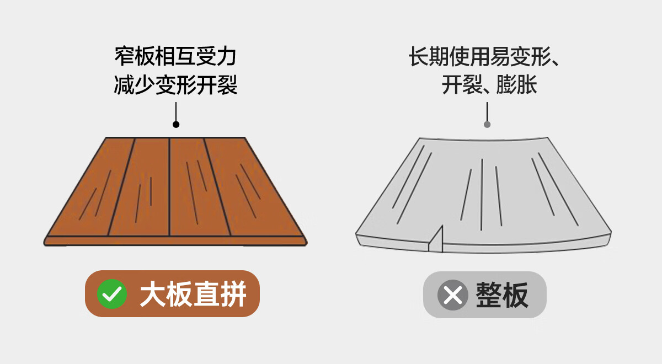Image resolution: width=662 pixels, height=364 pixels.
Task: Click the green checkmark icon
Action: (x=112, y=294)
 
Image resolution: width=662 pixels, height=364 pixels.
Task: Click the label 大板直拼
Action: (x=193, y=294)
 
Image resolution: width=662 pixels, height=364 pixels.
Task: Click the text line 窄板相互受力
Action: (x=175, y=57)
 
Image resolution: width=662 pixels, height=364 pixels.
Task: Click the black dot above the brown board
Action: (x=176, y=125)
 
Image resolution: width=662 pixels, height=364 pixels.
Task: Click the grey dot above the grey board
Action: (x=487, y=125)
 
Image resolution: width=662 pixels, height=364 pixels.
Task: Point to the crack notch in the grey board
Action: (x=438, y=238)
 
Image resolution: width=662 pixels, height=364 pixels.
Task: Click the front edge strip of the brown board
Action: (x=175, y=241)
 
